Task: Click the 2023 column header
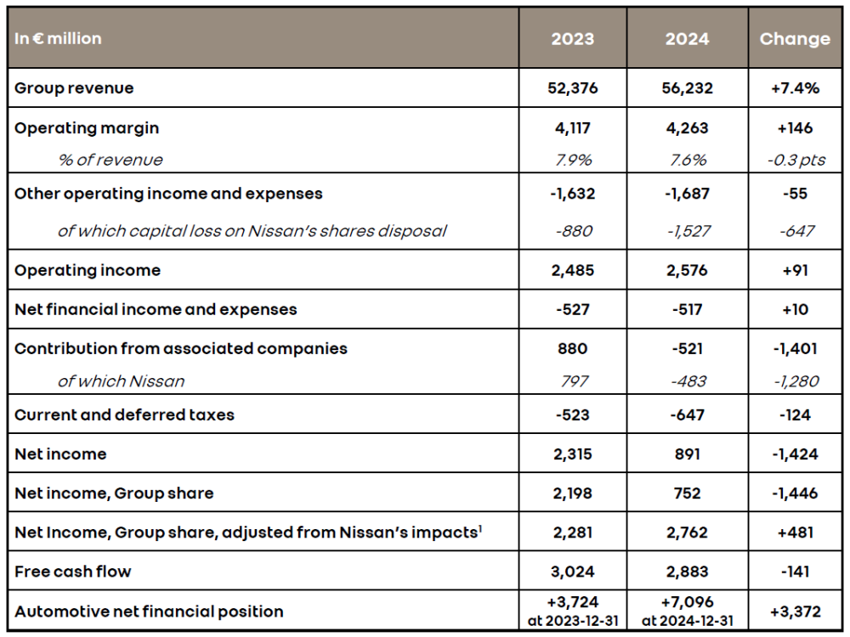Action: click(x=572, y=39)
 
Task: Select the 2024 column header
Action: click(x=687, y=39)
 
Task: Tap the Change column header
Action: click(x=795, y=39)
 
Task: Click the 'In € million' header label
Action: click(x=58, y=38)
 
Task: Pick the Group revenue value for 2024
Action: click(x=687, y=88)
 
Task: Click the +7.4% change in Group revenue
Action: click(x=795, y=88)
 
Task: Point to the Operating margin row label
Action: click(x=87, y=128)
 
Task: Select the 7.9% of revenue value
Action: click(x=573, y=161)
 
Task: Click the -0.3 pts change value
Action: click(x=796, y=161)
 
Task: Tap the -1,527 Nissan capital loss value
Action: click(x=688, y=231)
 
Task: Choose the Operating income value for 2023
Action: click(x=572, y=270)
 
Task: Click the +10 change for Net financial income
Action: click(x=796, y=309)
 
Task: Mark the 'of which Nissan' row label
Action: click(x=121, y=381)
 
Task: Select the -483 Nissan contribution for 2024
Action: click(x=688, y=381)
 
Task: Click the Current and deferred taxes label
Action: click(x=124, y=415)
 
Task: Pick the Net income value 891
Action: click(x=687, y=454)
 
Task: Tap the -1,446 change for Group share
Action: click(x=795, y=493)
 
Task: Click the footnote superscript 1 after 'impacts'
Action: click(x=480, y=527)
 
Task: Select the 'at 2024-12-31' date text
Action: click(x=688, y=621)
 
